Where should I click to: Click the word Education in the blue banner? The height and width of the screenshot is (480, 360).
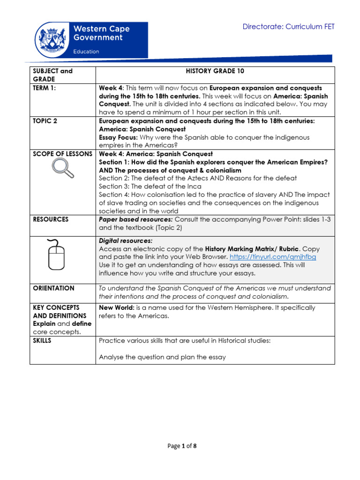(x=86, y=52)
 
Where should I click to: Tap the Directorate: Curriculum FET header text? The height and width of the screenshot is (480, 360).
(x=288, y=27)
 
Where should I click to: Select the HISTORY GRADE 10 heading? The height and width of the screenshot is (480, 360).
(x=215, y=71)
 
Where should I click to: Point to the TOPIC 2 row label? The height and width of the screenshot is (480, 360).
(x=45, y=121)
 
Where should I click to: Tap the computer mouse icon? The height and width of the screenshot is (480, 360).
(x=56, y=254)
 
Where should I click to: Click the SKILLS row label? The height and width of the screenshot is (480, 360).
(x=42, y=341)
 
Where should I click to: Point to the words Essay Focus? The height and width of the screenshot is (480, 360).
(x=118, y=137)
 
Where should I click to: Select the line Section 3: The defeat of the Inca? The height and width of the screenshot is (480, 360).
(x=150, y=186)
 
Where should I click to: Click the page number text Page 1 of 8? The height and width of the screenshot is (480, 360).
(x=182, y=446)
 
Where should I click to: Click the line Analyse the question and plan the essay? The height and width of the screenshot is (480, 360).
(x=162, y=357)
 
